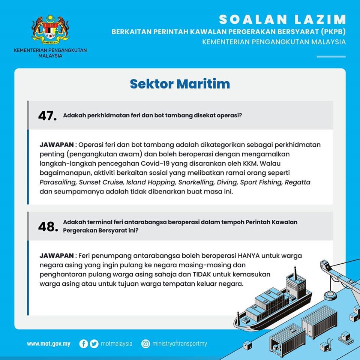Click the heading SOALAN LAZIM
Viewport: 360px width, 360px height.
[x=282, y=19]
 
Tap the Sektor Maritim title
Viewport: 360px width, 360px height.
[x=180, y=84]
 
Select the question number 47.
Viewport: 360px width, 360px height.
[x=47, y=116]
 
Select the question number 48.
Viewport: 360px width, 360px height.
[x=47, y=226]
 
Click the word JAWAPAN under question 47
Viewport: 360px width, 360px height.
[x=57, y=145]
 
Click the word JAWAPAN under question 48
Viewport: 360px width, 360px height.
[x=57, y=256]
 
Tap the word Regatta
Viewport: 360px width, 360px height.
[x=297, y=183]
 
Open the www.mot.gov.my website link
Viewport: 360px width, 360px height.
[x=48, y=343]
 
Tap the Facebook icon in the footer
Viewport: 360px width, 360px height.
[x=84, y=343]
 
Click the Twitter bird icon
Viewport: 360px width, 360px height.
[x=94, y=343]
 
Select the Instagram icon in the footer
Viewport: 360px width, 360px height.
[x=145, y=343]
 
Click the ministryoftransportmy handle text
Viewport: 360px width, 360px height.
[x=180, y=343]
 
